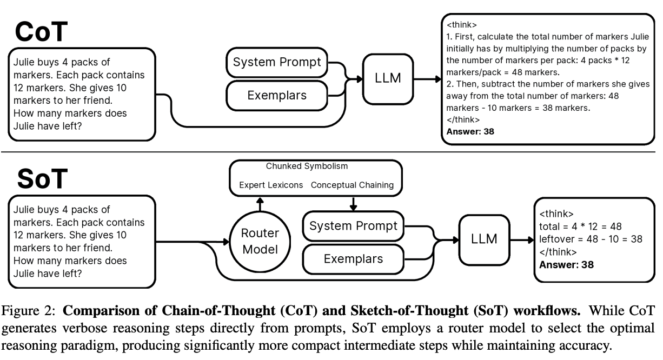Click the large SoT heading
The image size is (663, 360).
point(41,178)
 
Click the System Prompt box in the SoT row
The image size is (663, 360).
point(353,225)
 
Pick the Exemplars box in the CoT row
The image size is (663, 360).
point(276,95)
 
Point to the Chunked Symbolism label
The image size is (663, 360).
point(315,166)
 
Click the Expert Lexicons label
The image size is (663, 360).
point(271,185)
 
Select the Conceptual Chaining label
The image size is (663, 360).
point(352,185)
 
